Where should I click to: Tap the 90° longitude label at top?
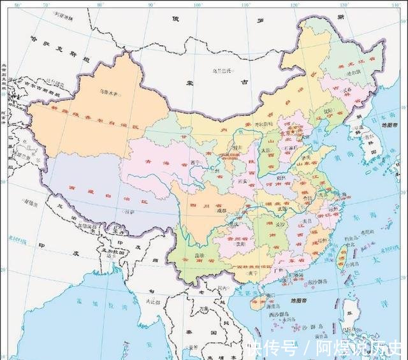[x=150, y=5]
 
